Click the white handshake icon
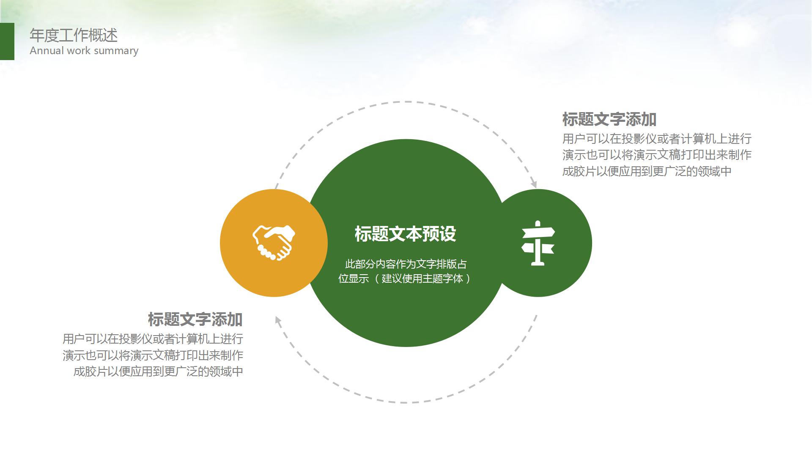[x=274, y=242]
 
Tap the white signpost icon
[x=538, y=243]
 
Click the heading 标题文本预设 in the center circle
[x=405, y=234]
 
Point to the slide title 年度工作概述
[x=74, y=36]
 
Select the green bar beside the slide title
[x=7, y=41]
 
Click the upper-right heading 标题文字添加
[x=609, y=120]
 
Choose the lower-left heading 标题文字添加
[x=195, y=319]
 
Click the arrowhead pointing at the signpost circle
[x=534, y=184]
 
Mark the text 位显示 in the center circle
[x=354, y=278]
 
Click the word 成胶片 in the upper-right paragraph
[x=579, y=171]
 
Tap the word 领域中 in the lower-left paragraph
[x=226, y=372]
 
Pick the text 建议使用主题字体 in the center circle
[x=422, y=278]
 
